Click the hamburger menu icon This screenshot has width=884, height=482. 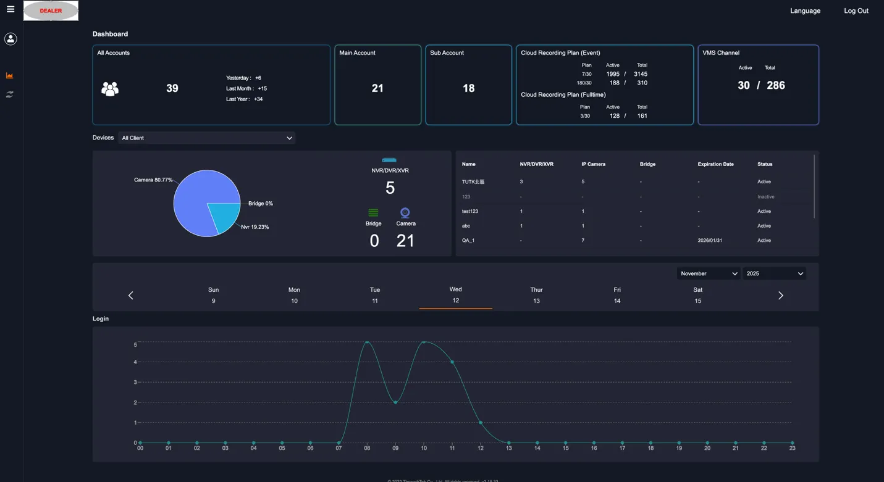[11, 9]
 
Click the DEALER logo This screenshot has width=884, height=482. [51, 10]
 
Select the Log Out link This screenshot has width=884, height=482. [856, 10]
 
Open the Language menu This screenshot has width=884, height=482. [805, 10]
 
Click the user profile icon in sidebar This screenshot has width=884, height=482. [11, 39]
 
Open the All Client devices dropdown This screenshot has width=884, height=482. [206, 138]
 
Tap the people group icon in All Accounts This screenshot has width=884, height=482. [110, 89]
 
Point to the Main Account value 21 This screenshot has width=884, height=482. [377, 88]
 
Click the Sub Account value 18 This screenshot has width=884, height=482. [468, 88]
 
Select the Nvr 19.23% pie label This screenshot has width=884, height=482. [255, 227]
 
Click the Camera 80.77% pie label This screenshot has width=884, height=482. [153, 180]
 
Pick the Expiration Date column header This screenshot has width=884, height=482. [715, 164]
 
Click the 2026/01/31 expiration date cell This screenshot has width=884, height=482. [710, 241]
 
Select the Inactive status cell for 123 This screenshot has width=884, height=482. [765, 197]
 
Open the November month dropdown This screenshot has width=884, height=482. [708, 273]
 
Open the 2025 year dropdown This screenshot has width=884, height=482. [774, 273]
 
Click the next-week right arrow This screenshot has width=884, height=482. [780, 296]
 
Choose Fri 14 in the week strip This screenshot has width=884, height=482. [617, 295]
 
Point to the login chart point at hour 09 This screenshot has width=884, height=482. [395, 402]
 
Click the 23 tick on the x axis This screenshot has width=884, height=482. [792, 448]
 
